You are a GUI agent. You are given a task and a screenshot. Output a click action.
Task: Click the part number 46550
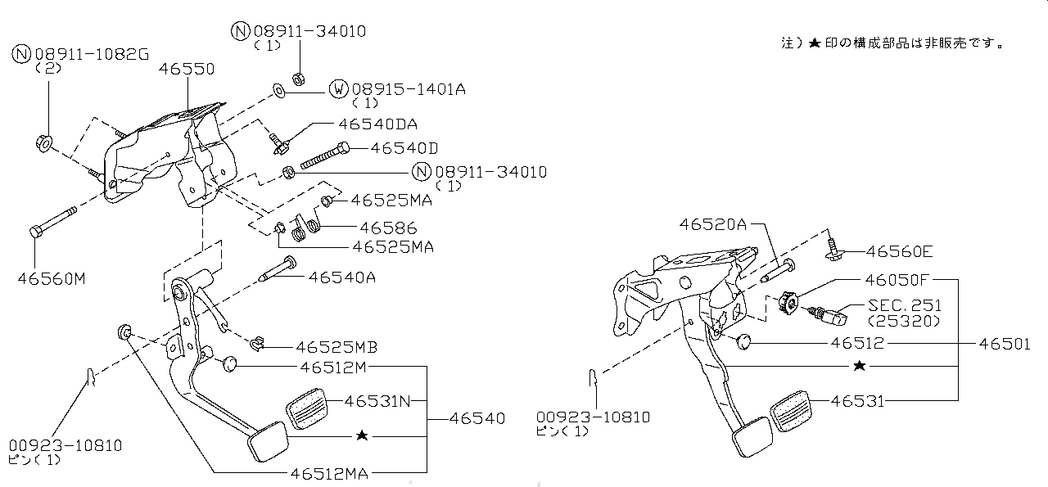click(x=187, y=69)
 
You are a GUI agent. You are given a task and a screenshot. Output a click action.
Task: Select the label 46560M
click(x=51, y=279)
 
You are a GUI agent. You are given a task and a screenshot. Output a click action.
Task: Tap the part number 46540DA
click(x=377, y=124)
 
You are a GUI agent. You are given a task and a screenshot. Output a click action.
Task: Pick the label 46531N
click(x=377, y=401)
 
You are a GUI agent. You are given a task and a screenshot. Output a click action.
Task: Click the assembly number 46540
click(x=477, y=418)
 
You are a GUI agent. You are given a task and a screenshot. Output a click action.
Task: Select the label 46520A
click(x=712, y=224)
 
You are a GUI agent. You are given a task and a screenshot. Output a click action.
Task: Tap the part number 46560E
click(x=899, y=251)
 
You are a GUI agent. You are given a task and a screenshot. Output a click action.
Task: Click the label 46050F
click(x=899, y=279)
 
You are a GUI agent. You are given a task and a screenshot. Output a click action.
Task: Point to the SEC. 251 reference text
click(x=905, y=305)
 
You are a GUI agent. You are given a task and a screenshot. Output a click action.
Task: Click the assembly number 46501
click(x=1005, y=345)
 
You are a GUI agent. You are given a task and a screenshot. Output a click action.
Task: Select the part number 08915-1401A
click(x=409, y=88)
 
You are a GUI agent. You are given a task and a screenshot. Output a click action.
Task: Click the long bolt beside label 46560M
click(x=53, y=222)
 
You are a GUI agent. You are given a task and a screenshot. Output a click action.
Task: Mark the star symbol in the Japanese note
click(x=814, y=43)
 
